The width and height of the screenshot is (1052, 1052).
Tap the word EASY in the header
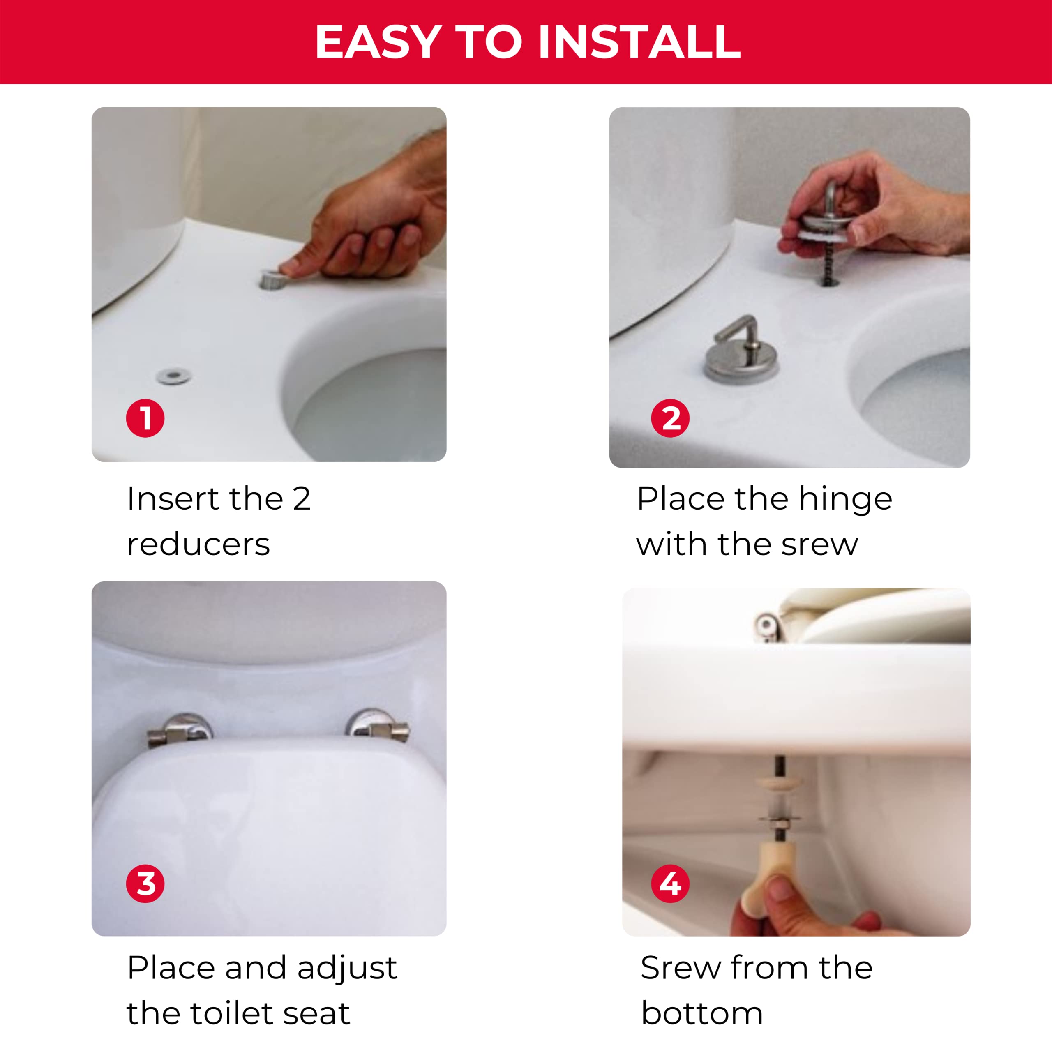378,42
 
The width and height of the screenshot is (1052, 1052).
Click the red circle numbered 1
145,418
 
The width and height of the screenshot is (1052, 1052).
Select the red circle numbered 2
670,418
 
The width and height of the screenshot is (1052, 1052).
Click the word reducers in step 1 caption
198,544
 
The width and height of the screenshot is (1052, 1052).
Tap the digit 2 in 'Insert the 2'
301,499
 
